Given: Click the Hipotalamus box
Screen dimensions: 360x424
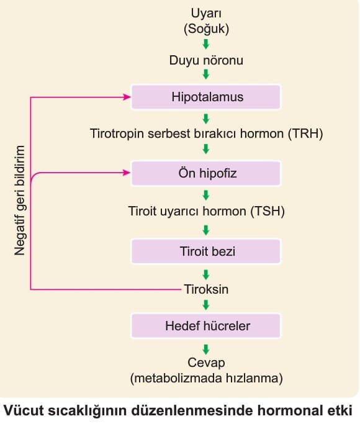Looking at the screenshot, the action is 206,97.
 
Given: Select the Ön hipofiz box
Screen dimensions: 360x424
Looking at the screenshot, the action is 206,173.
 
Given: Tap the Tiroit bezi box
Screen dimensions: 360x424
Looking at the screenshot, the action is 206,251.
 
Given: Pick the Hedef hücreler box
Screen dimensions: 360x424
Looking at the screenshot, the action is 206,325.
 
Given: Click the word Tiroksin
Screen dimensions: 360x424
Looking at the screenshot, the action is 206,289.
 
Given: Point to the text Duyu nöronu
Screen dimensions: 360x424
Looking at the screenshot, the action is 206,60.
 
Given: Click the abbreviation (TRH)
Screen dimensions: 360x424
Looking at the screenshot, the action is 305,133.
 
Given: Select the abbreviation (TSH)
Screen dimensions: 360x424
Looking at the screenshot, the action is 268,211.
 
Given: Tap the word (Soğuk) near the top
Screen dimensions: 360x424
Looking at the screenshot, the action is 206,29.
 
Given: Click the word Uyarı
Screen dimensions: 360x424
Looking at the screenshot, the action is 206,13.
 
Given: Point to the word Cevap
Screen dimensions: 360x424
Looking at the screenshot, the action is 206,363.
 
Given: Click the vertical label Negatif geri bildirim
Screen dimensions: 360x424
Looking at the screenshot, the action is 20,201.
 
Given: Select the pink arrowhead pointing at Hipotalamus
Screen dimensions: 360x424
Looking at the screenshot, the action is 127,97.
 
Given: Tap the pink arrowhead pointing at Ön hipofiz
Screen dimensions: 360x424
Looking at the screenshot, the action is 127,173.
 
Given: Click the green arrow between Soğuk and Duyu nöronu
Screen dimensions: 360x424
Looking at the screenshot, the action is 206,44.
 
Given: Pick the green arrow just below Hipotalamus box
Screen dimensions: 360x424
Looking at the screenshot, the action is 206,119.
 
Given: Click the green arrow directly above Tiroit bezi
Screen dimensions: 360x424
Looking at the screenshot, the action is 206,230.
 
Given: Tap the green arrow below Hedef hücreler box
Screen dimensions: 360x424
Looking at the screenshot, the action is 206,350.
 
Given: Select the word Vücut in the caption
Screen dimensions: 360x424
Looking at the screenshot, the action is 24,410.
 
